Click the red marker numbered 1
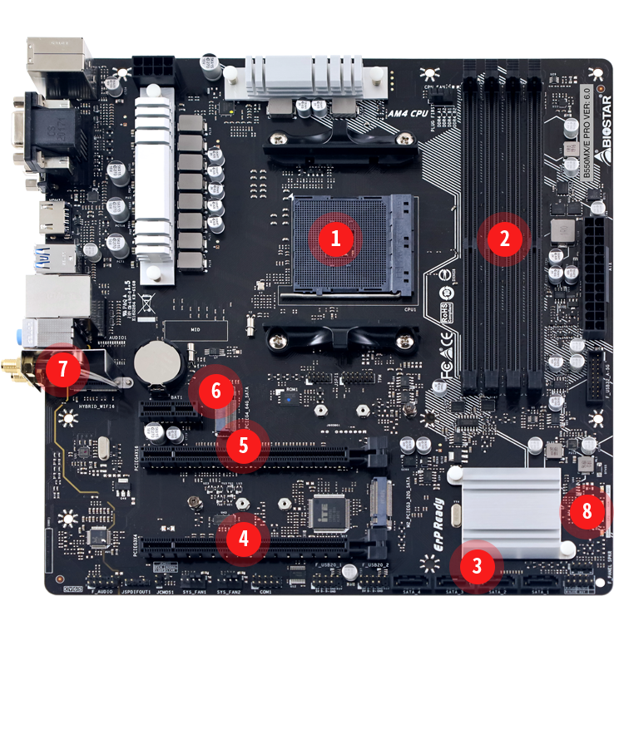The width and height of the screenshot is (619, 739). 335,239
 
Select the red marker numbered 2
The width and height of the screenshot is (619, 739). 504,239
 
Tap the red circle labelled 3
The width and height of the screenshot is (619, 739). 476,566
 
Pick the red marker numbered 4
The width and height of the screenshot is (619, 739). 243,538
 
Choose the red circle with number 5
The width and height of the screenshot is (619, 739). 243,445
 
